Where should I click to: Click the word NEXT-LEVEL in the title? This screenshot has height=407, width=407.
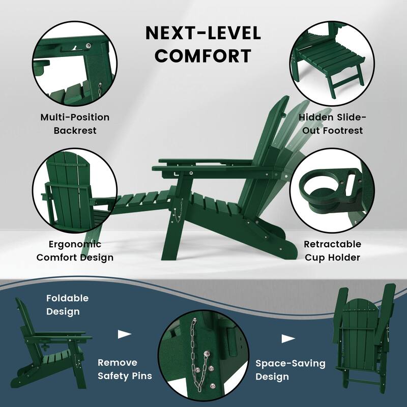coord(203,33)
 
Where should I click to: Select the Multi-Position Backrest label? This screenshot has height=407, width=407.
coord(75,124)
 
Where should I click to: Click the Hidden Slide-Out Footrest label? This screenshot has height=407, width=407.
coord(331,124)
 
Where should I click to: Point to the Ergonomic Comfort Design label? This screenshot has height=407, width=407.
coord(75,251)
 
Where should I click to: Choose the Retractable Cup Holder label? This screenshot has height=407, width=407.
coord(332,251)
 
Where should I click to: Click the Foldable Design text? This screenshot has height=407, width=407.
coord(67,304)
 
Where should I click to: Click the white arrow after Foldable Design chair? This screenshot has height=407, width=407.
coord(125,334)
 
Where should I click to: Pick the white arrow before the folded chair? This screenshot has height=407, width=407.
coord(288,338)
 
